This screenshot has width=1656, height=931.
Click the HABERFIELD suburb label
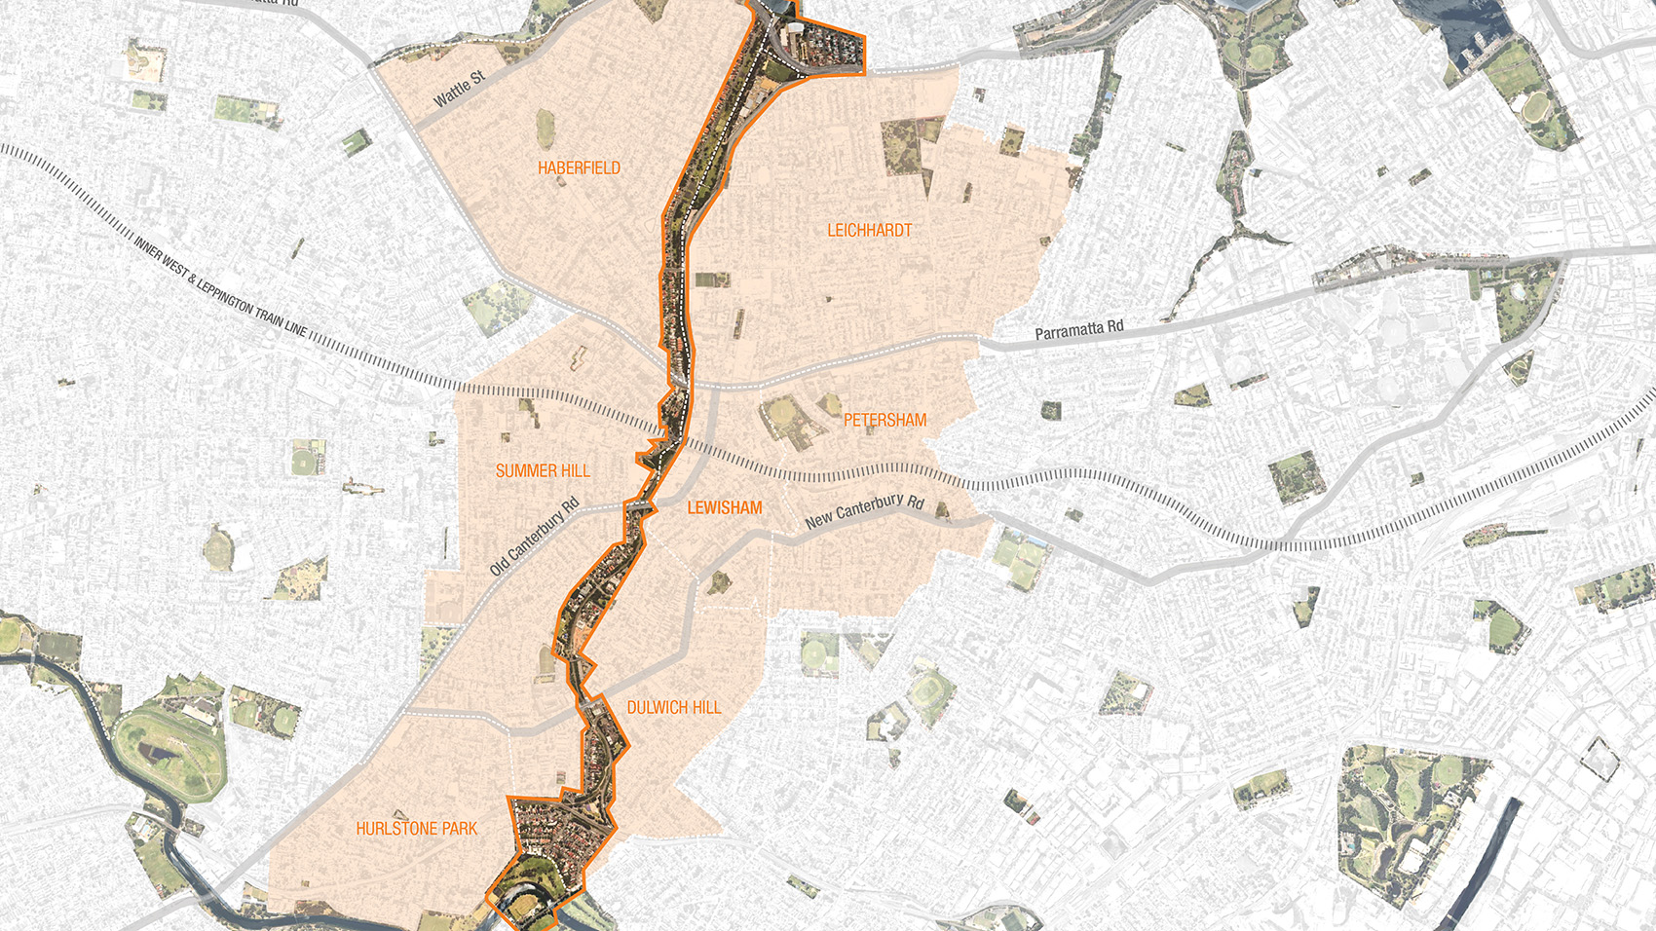point(579,168)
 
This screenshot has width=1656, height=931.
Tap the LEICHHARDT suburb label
point(869,231)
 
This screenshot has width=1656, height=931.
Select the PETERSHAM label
point(884,421)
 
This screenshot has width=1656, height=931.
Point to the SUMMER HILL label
point(543,471)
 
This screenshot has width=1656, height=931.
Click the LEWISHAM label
point(724,508)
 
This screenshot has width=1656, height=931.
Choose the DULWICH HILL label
point(673,708)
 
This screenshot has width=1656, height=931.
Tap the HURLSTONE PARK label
point(416,829)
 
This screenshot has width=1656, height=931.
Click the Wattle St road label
point(459,89)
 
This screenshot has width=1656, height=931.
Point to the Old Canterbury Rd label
point(535,537)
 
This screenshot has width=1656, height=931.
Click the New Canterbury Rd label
point(864,510)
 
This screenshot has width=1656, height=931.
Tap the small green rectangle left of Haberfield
point(357,143)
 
